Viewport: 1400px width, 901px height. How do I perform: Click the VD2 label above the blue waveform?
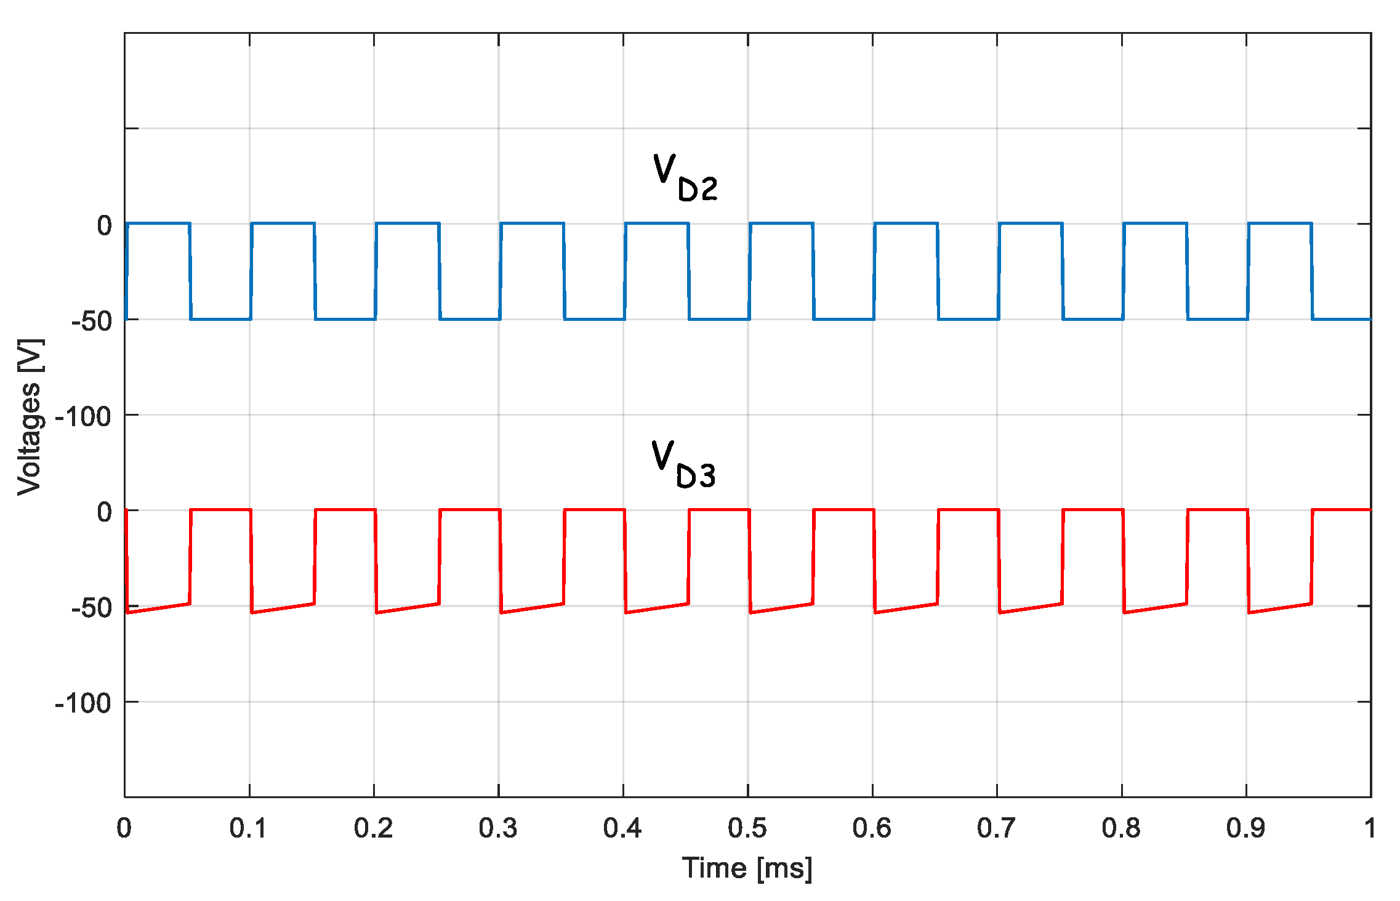tap(684, 179)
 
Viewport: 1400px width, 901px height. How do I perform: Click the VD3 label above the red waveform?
tap(683, 466)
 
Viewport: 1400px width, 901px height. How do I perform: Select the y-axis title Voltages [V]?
tap(30, 417)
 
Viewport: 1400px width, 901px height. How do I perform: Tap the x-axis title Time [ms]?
tap(747, 868)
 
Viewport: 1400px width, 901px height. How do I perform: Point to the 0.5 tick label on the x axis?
tap(747, 828)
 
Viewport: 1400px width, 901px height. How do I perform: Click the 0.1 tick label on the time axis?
tap(248, 828)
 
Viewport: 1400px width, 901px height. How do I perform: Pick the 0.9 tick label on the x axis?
tap(1245, 828)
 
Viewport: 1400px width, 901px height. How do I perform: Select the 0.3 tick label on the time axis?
tap(497, 828)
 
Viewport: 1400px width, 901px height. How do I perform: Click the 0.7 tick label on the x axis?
tap(996, 828)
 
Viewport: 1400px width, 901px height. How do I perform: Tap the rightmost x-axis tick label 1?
tap(1369, 828)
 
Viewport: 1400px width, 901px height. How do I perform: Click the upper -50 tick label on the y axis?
tap(91, 321)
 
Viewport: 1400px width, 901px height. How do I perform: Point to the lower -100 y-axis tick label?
tap(83, 703)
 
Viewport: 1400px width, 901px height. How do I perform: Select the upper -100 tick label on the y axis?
tap(83, 417)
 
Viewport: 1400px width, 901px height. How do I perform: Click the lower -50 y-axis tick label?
tap(91, 608)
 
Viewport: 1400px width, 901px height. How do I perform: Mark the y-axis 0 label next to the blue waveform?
tap(105, 226)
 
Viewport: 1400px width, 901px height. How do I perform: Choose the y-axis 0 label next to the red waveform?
tap(105, 512)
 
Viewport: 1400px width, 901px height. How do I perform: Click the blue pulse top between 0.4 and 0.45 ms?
tap(656, 224)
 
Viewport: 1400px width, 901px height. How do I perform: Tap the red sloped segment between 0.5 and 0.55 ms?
tap(781, 608)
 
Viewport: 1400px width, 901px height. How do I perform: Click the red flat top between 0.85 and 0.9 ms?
tap(1217, 510)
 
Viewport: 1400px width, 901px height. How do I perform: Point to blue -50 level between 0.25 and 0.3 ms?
tap(470, 319)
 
